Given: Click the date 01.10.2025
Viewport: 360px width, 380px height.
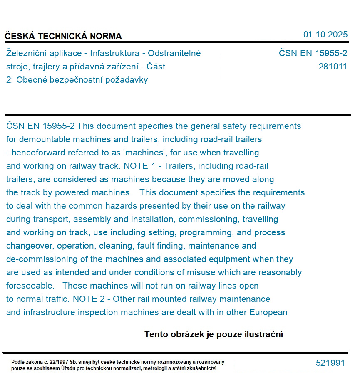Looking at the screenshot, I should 325,35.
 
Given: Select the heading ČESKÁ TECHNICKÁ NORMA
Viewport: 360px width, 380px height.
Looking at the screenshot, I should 63,36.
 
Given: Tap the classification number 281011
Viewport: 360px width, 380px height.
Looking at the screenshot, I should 333,67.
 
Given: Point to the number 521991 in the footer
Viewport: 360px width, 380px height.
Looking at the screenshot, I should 330,363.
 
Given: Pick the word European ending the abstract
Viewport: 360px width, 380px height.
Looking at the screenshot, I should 268,312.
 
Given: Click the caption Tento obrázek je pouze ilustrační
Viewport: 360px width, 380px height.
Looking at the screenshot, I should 214,334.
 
